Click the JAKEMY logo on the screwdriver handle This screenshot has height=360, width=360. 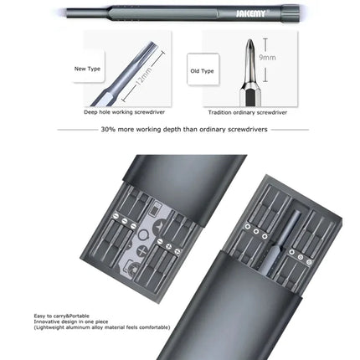pos(236,13)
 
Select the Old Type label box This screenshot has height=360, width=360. pos(201,72)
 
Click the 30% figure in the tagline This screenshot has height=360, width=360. pos(108,130)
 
